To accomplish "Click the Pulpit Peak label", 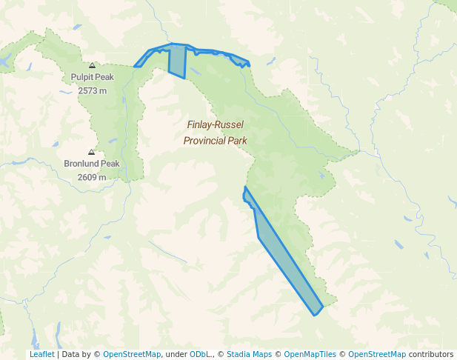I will (x=92, y=77).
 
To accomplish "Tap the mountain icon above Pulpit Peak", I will (x=92, y=65).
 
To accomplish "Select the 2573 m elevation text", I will (x=92, y=90).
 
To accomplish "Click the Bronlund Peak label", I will (x=92, y=164).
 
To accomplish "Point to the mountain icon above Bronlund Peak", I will (x=92, y=152).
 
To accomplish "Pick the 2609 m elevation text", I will (x=92, y=177).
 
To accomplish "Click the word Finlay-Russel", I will (x=215, y=125).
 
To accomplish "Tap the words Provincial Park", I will (x=215, y=140).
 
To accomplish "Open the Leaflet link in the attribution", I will (x=42, y=354).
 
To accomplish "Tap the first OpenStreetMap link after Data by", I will (x=132, y=354).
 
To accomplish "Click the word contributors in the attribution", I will (x=431, y=354).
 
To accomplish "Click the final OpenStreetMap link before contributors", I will (x=377, y=354).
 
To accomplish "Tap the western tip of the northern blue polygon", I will (x=136, y=66).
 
